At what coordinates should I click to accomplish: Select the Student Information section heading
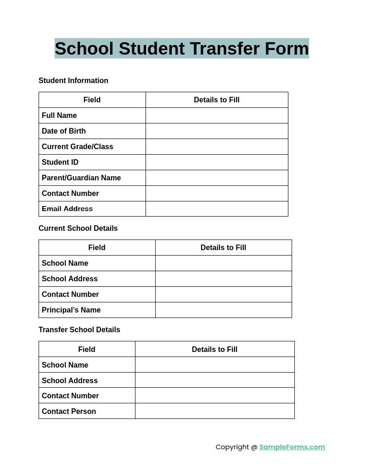(x=73, y=81)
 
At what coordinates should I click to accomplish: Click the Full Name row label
(x=59, y=116)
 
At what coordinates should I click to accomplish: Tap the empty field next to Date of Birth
(x=217, y=131)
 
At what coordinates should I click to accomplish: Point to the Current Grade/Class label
(x=77, y=147)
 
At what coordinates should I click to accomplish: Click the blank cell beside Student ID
(x=217, y=162)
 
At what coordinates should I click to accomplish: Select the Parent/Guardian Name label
(x=81, y=178)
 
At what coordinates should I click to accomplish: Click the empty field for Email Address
(x=217, y=209)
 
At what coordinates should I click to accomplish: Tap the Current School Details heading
(x=78, y=229)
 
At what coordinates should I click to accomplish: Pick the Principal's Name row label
(x=71, y=310)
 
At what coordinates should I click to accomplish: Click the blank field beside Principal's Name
(x=223, y=310)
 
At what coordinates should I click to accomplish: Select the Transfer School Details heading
(x=79, y=330)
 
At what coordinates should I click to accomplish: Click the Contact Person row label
(x=69, y=412)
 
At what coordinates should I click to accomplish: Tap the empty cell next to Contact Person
(x=214, y=411)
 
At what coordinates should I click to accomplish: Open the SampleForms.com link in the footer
(x=292, y=447)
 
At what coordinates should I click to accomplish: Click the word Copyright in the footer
(x=232, y=447)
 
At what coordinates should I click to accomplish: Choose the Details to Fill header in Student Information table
(x=217, y=100)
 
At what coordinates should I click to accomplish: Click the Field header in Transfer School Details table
(x=87, y=350)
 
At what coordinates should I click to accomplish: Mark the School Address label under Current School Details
(x=70, y=279)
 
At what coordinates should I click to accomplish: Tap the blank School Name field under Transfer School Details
(x=214, y=365)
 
